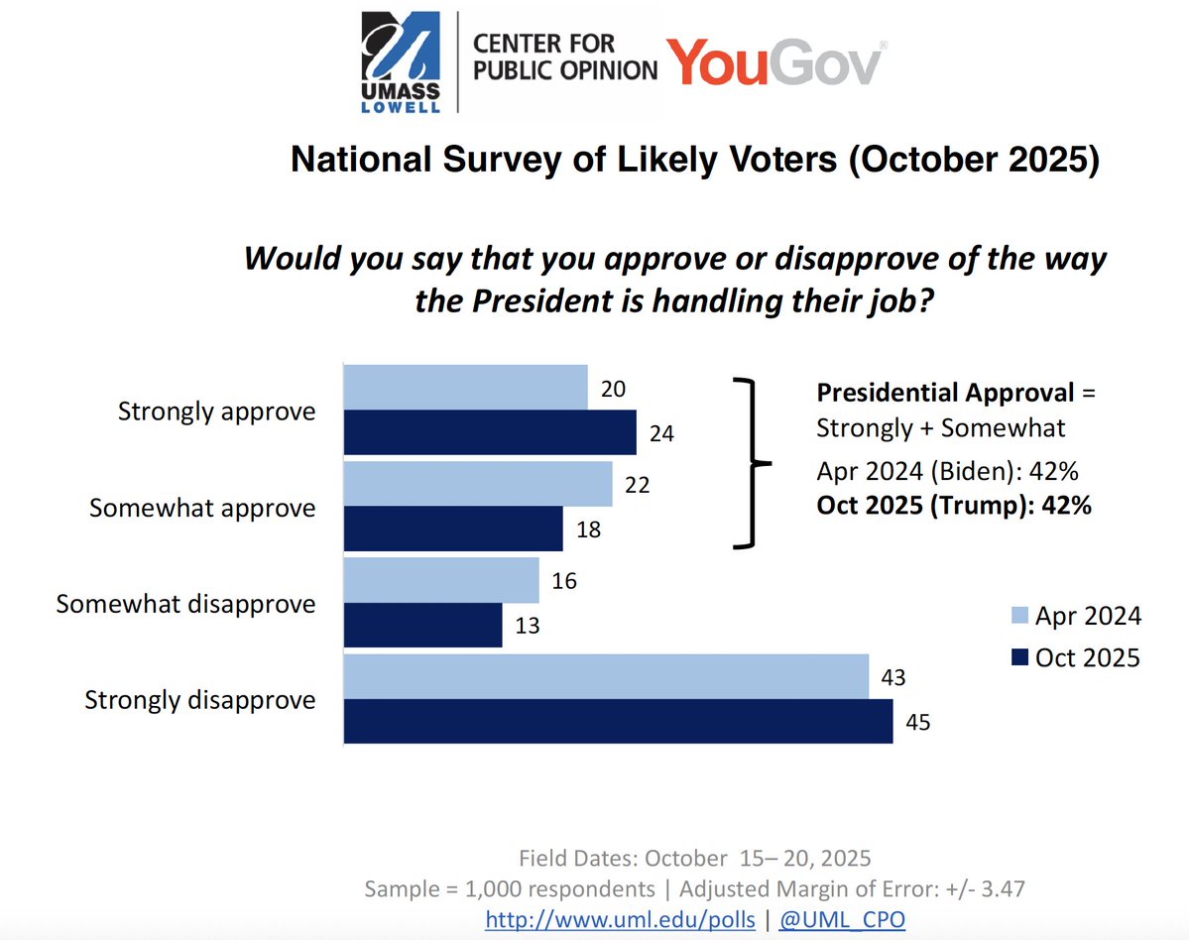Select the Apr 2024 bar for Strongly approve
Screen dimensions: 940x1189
coord(465,387)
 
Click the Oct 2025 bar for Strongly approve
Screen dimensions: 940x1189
coord(489,432)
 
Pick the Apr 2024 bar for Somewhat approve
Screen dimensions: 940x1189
coord(477,483)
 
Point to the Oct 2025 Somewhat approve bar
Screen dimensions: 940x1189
coord(452,529)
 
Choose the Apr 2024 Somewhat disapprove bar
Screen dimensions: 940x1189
coord(440,580)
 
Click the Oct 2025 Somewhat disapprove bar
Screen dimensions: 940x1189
coord(422,626)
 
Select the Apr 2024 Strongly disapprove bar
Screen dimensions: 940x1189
coord(605,676)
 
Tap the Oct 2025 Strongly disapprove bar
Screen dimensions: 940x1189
coord(617,721)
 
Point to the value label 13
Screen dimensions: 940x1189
coord(527,628)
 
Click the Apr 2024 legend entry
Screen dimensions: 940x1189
coord(1075,616)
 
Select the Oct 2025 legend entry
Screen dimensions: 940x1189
coord(1075,657)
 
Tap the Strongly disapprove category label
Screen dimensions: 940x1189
coord(200,700)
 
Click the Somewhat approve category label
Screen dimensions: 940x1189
coord(202,508)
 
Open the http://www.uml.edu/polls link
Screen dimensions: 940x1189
coord(621,919)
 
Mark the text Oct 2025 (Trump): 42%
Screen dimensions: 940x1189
coord(954,505)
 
